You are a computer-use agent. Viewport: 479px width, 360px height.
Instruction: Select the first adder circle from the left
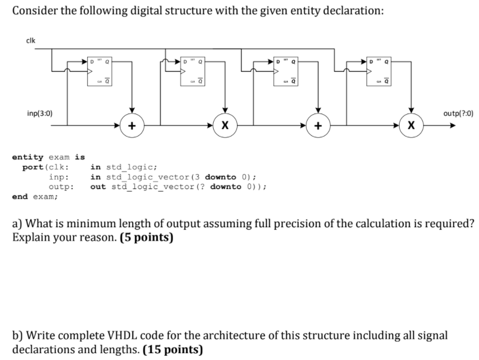(x=132, y=125)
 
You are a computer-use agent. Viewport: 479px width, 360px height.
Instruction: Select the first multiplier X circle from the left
(x=225, y=125)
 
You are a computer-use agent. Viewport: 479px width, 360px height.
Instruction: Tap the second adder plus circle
(x=318, y=125)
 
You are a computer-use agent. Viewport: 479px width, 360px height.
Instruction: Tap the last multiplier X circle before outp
(x=411, y=125)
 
